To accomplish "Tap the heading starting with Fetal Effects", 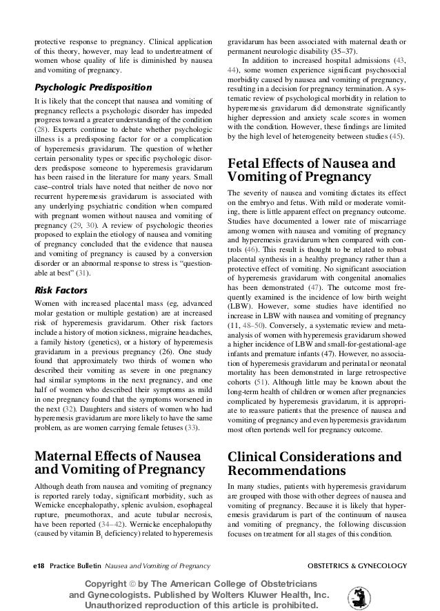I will point(311,170).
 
